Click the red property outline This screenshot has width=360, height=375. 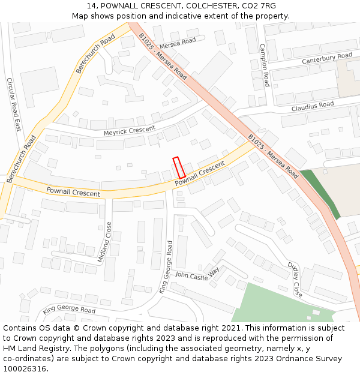pyautogui.click(x=179, y=167)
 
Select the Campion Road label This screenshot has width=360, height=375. pyautogui.click(x=264, y=65)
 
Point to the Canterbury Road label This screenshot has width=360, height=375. pyautogui.click(x=326, y=58)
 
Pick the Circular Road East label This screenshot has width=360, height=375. pyautogui.click(x=14, y=105)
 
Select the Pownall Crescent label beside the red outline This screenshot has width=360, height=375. pyautogui.click(x=200, y=173)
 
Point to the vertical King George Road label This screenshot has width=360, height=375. pyautogui.click(x=166, y=267)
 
